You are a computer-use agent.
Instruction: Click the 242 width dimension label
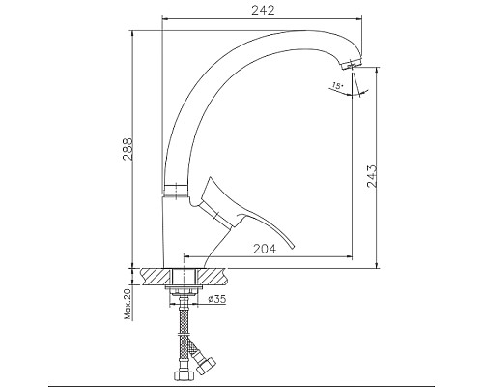click(x=263, y=11)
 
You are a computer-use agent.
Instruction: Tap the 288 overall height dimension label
click(x=128, y=149)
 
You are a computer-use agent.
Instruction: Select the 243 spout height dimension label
click(x=372, y=176)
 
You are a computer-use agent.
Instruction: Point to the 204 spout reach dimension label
click(x=265, y=249)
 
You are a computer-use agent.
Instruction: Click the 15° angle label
click(x=338, y=86)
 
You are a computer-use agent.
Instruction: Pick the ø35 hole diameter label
click(x=216, y=299)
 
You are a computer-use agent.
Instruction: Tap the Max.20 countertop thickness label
click(x=128, y=304)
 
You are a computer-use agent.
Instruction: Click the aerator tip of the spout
click(x=352, y=64)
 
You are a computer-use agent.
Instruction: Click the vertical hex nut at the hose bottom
click(x=183, y=376)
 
